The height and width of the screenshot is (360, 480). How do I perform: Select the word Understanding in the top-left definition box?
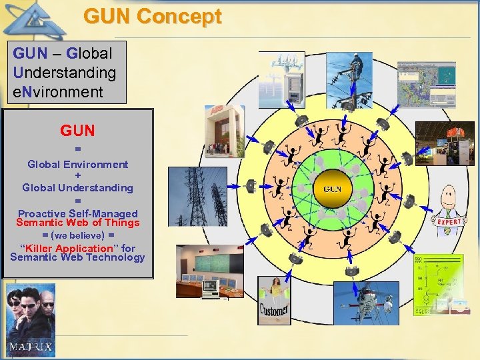pos(65,72)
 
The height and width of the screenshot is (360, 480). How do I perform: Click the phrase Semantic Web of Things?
pos(77,223)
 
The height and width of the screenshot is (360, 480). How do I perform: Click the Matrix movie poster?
pos(31,321)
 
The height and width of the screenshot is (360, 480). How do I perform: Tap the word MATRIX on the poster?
pos(31,347)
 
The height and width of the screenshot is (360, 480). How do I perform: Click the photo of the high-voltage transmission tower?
pos(197,196)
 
